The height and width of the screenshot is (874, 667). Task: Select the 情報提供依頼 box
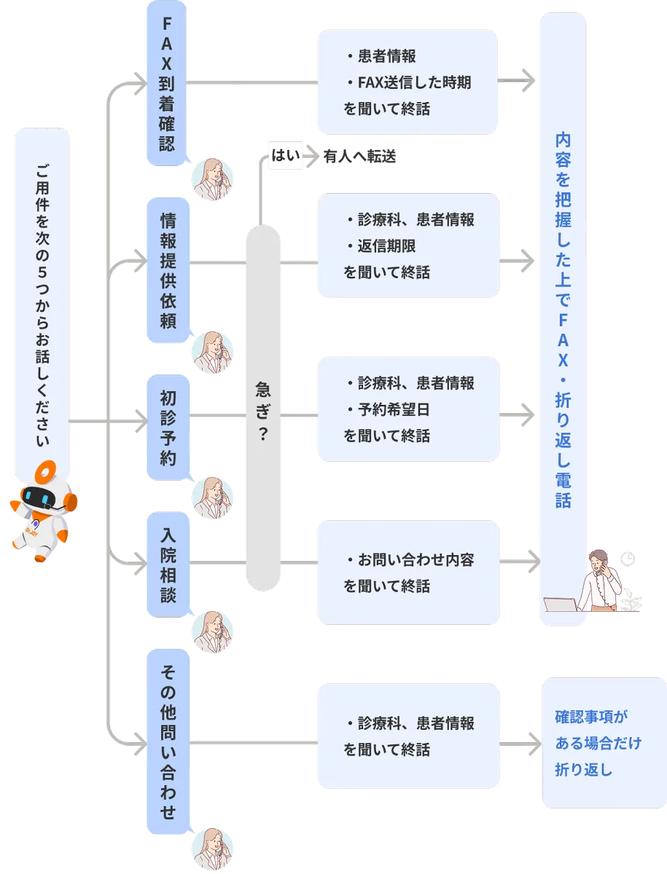click(x=168, y=270)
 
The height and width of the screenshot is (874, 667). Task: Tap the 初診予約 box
click(x=168, y=427)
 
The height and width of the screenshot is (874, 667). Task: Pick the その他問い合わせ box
click(x=168, y=741)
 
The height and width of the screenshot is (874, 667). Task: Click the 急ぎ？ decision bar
click(x=263, y=408)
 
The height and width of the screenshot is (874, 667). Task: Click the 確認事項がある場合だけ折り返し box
click(x=604, y=743)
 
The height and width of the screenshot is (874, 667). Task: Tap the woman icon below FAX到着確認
click(x=213, y=180)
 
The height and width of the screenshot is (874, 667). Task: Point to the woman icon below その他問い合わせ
click(x=213, y=849)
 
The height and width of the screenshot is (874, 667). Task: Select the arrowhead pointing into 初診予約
click(x=140, y=420)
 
